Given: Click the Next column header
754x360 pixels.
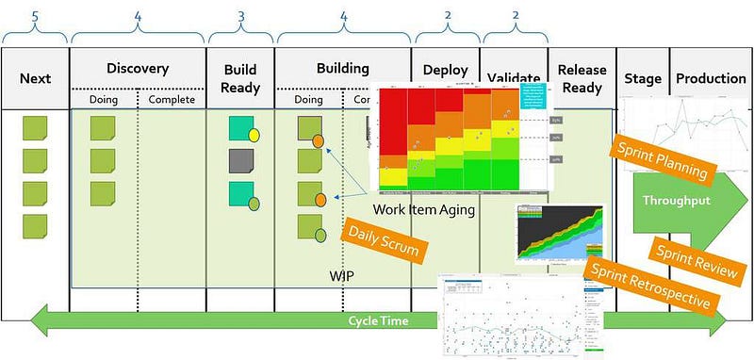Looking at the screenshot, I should tap(35, 78).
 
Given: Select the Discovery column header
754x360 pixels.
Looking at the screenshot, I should tap(138, 69).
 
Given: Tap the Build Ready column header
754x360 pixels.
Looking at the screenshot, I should tap(241, 78).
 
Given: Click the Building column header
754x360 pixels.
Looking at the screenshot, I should tap(342, 69).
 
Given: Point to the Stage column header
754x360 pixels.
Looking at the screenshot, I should tap(642, 78).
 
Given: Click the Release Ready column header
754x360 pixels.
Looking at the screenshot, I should tap(581, 78).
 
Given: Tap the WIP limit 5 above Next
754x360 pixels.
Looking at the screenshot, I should tap(35, 15).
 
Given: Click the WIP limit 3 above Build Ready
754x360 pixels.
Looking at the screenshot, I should tap(241, 15).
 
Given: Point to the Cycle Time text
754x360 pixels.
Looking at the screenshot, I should tap(377, 321).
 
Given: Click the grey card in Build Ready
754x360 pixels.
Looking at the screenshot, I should tap(241, 161).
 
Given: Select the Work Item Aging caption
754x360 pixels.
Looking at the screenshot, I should tap(423, 209).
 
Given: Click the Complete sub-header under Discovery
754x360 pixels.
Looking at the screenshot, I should tap(171, 99).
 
